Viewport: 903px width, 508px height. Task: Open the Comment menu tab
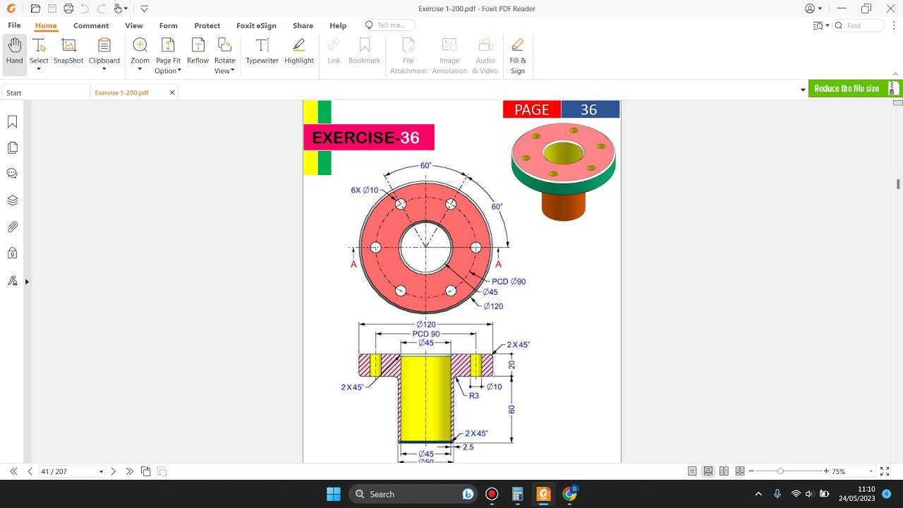[91, 25]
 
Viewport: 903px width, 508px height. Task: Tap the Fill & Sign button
[518, 55]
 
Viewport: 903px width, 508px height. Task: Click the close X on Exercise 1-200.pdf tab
[172, 92]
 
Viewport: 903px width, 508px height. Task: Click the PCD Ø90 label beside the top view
[509, 282]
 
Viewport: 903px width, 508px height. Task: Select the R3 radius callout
[474, 396]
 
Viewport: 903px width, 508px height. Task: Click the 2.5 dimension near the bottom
[468, 447]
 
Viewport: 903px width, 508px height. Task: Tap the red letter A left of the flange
[353, 264]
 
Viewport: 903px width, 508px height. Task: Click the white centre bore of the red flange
[425, 248]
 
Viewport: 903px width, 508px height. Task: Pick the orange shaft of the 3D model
[563, 205]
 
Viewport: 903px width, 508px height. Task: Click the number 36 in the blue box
[589, 109]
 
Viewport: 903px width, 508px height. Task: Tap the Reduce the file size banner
[847, 88]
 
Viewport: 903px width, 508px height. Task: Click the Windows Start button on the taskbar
[334, 494]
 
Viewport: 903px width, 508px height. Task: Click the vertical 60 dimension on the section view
[511, 409]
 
